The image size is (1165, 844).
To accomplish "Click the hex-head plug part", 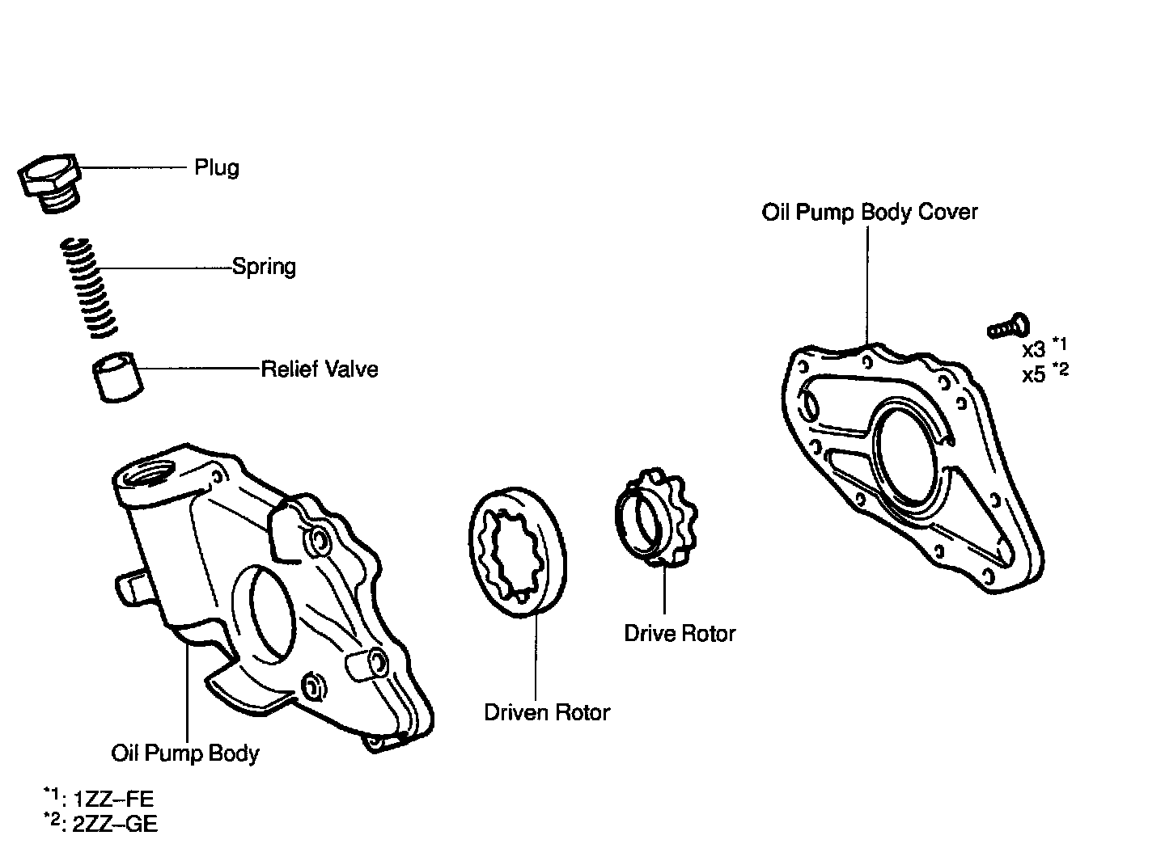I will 50,183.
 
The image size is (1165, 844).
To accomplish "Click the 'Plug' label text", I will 217,167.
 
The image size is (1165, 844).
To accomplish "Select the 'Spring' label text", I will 264,266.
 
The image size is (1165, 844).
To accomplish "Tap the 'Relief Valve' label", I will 320,369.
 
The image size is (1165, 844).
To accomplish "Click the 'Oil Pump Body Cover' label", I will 870,212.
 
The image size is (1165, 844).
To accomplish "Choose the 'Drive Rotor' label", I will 680,633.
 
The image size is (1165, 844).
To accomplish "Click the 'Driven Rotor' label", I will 547,712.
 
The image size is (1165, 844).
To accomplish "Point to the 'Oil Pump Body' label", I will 185,753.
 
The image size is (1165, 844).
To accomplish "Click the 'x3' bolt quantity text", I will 1033,350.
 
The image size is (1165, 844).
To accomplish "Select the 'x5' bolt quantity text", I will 1033,375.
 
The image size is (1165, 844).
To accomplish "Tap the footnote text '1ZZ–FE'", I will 113,800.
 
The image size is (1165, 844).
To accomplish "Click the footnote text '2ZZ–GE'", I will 115,824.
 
